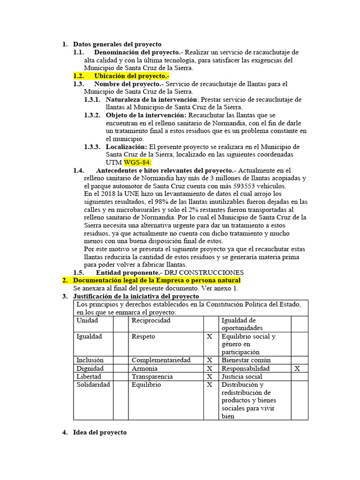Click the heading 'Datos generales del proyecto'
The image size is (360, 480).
tap(117, 44)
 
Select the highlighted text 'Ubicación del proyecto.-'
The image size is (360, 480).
tap(131, 76)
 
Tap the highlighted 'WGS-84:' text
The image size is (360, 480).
tap(138, 162)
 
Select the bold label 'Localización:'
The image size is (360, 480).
tap(126, 147)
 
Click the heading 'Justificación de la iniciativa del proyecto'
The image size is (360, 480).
tap(136, 296)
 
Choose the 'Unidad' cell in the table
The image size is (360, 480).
tap(87, 321)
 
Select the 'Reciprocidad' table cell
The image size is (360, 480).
tap(151, 321)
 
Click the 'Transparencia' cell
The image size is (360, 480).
tap(152, 376)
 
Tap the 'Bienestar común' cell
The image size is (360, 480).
tap(246, 360)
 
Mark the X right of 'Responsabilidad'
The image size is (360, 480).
tap(297, 368)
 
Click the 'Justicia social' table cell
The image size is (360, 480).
tap(241, 376)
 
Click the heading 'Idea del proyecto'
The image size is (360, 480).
tap(100, 432)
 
